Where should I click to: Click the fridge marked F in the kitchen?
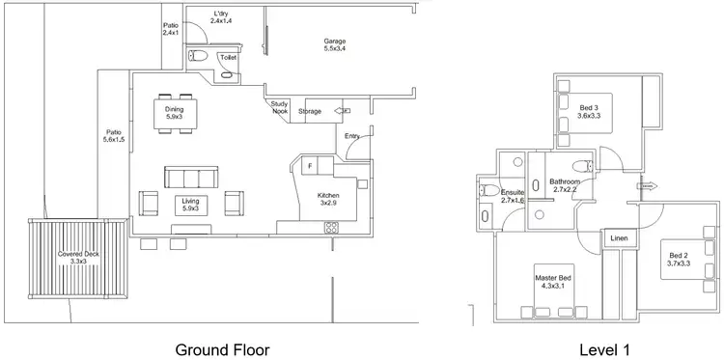tap(309, 166)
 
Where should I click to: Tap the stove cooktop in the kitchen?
tap(331, 228)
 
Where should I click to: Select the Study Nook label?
tap(280, 107)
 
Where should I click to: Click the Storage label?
tap(310, 111)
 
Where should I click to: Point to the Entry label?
tap(353, 137)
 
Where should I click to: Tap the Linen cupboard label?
tap(617, 239)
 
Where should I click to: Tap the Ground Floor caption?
tap(221, 347)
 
